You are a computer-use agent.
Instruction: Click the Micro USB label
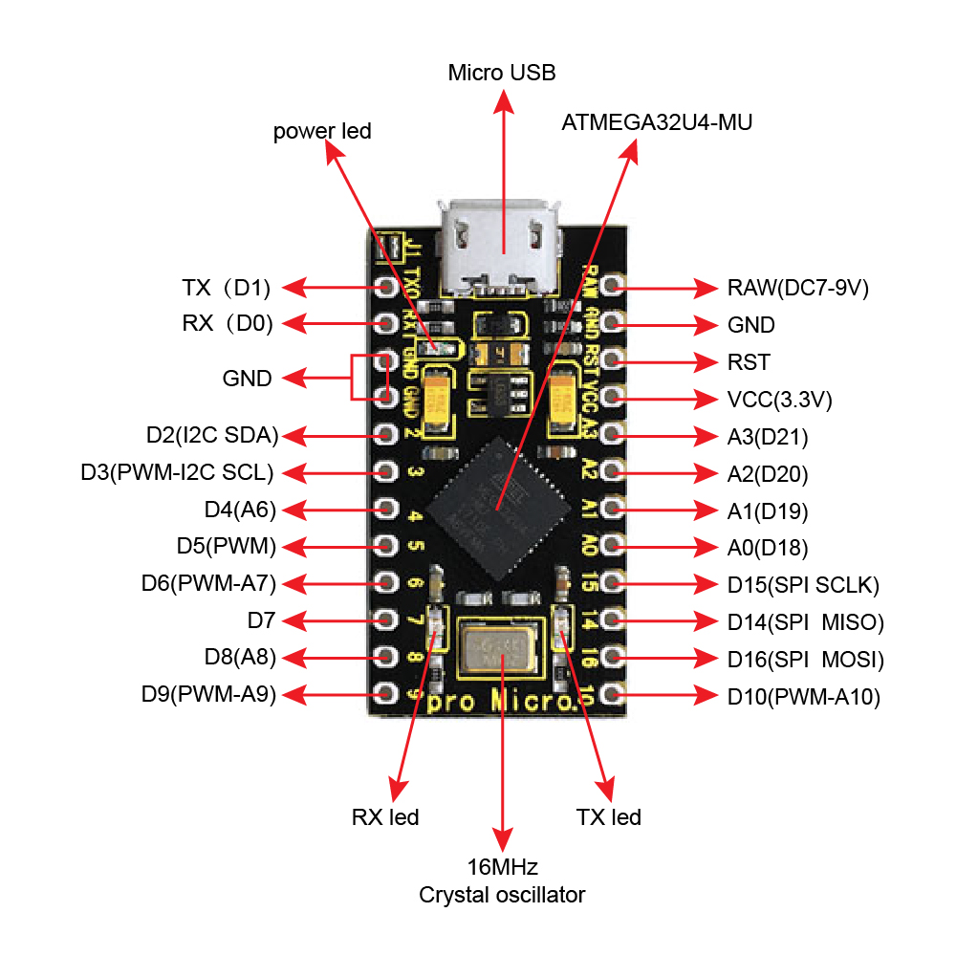point(501,73)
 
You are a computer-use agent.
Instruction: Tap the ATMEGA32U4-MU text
point(658,123)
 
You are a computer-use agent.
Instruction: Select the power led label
point(322,131)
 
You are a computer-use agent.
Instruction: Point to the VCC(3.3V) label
point(779,400)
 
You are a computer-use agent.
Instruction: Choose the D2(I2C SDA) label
point(212,436)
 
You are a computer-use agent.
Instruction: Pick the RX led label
point(385,817)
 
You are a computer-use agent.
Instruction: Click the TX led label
point(609,817)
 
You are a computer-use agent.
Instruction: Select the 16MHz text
point(502,868)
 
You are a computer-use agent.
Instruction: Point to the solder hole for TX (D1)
point(387,286)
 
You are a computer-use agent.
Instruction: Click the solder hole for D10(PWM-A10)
point(614,692)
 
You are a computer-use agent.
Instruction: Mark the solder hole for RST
point(614,359)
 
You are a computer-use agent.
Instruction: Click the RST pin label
point(749,363)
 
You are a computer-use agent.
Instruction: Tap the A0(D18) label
point(768,548)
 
